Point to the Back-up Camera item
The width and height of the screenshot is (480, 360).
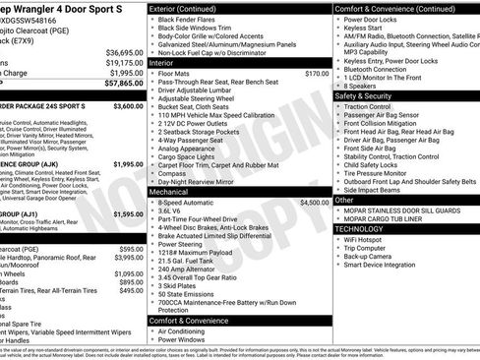[373, 256]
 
